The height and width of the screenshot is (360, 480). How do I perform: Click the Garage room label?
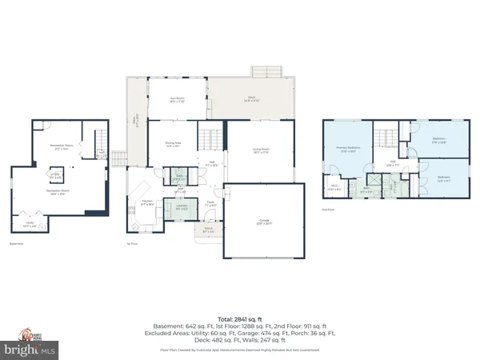pyautogui.click(x=263, y=224)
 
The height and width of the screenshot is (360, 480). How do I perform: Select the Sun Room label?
pyautogui.click(x=177, y=101)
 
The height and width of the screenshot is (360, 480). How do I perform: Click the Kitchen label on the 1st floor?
pyautogui.click(x=147, y=202)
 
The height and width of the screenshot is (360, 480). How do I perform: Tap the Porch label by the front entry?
pyautogui.click(x=208, y=232)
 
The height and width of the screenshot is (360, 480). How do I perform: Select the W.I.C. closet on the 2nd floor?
pyautogui.click(x=334, y=189)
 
